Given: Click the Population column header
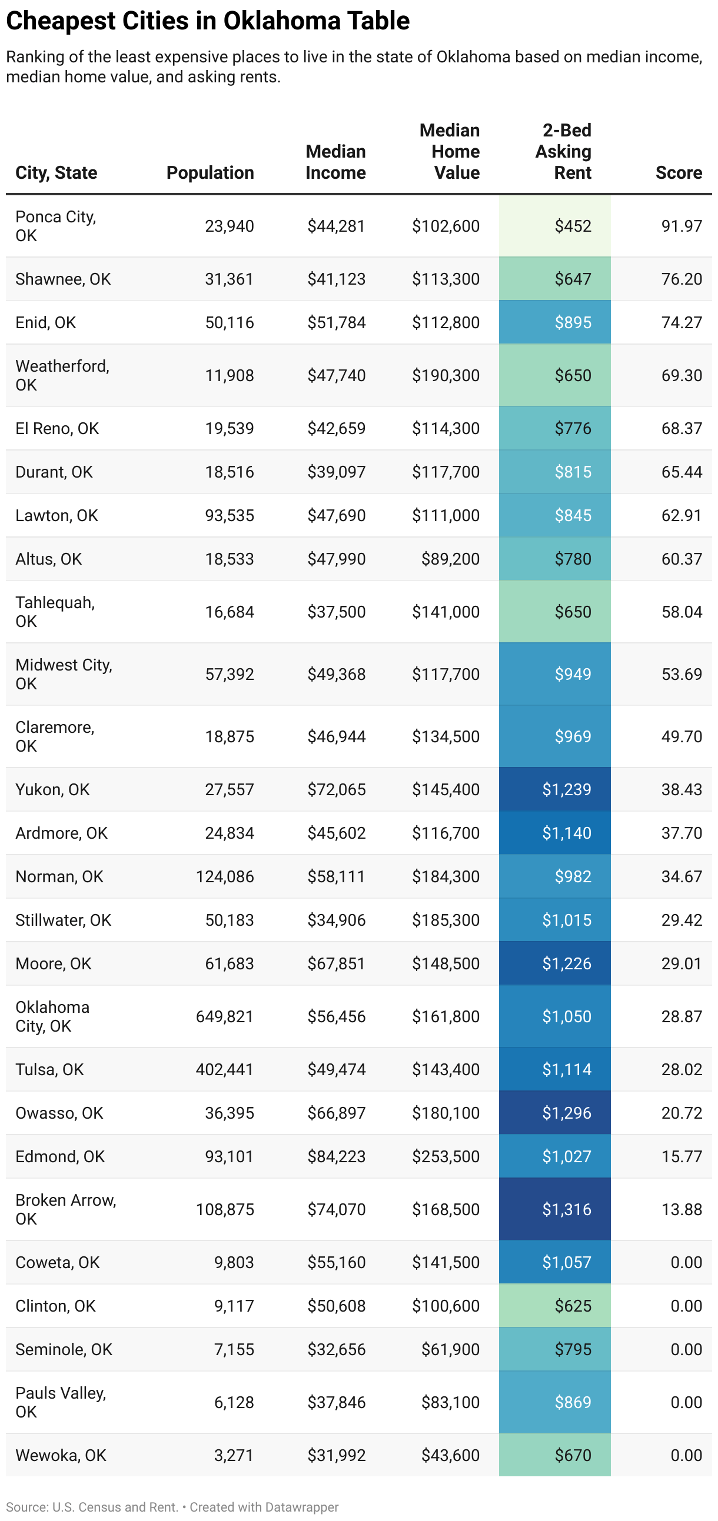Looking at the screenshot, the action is [210, 172].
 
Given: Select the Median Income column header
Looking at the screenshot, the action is [335, 162].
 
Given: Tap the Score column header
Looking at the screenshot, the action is [679, 172].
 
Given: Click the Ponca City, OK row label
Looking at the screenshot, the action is [55, 225].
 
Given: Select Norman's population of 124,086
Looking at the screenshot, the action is [225, 876].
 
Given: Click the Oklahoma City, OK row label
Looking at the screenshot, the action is [52, 1016].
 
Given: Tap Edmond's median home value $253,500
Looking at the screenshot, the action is [446, 1156].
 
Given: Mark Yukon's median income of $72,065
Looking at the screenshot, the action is [336, 789].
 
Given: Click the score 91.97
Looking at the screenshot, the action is [682, 225].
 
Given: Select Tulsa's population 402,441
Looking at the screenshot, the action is [225, 1069].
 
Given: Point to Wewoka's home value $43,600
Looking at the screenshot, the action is [450, 1456].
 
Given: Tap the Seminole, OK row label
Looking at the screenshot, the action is [64, 1349].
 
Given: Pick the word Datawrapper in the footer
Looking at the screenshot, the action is [302, 1507].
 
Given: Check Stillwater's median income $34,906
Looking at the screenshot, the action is [336, 920].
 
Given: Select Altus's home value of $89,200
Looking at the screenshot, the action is [450, 559].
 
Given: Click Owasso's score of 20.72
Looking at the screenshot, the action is [682, 1113].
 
